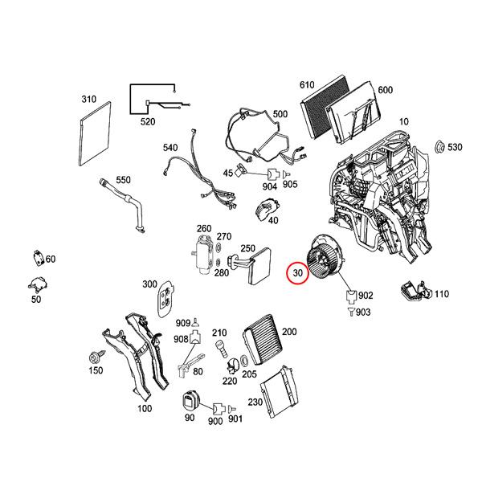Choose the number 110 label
[441, 294]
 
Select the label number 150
[96, 370]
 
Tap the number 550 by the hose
[123, 180]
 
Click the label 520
[148, 122]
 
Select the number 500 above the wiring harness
[280, 115]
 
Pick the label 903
[364, 312]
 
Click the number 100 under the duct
[145, 409]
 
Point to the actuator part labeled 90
[190, 399]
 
